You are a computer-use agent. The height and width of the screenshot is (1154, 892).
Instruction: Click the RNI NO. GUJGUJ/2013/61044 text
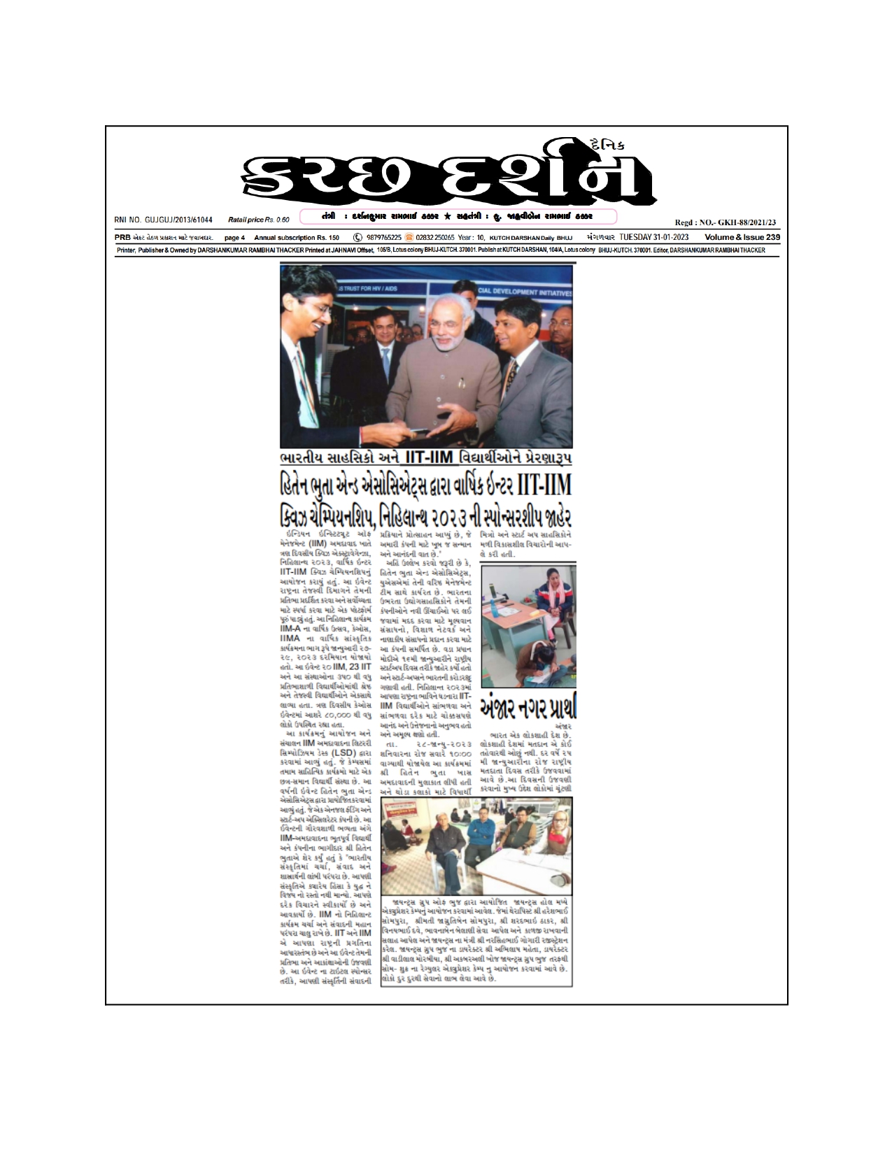[x=163, y=220]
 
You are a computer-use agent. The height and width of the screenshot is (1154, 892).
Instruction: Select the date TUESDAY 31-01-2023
[x=651, y=238]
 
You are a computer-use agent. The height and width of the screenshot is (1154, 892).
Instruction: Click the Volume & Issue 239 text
[x=742, y=238]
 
